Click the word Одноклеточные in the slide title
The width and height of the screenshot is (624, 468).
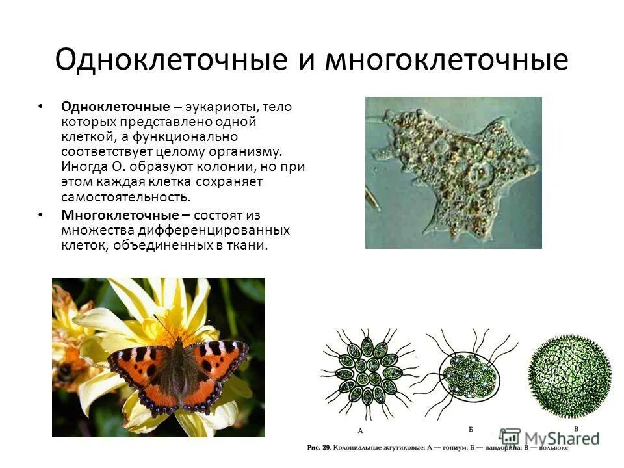tap(170, 60)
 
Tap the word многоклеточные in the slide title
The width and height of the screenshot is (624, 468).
tap(446, 60)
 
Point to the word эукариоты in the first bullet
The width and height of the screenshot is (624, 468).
tap(219, 107)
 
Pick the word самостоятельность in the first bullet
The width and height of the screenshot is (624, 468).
tap(126, 196)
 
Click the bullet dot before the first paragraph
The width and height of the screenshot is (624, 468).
tap(40, 106)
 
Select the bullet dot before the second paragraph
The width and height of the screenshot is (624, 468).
tap(40, 214)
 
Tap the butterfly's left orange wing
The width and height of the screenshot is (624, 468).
tap(140, 370)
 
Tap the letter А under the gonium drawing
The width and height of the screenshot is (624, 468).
tap(361, 430)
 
